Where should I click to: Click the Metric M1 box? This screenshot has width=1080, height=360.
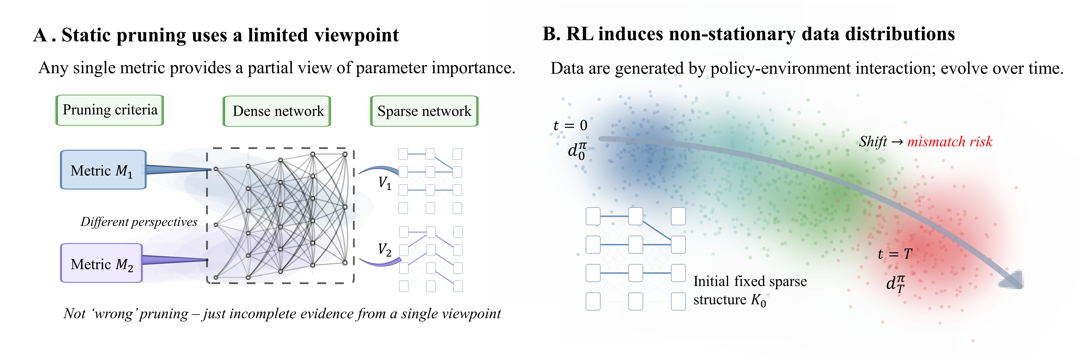(103, 170)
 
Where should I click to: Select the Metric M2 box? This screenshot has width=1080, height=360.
(101, 263)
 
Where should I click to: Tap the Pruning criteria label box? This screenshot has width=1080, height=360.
(110, 110)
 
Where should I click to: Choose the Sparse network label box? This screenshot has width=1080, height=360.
(424, 111)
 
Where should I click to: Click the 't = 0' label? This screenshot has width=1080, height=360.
(570, 125)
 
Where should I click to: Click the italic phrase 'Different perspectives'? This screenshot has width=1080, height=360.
(139, 222)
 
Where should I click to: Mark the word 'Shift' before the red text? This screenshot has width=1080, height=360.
(873, 142)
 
